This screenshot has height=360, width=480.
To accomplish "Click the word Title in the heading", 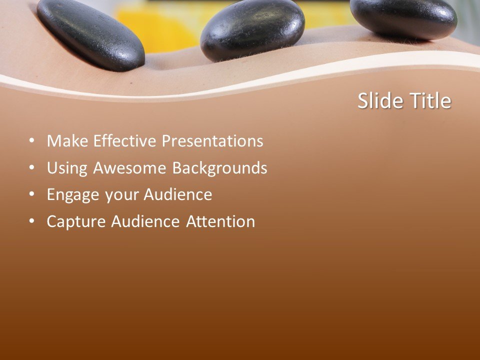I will point(430,101).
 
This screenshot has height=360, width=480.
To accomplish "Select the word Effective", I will point(124,141).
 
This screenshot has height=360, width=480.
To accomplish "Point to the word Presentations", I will point(212,141).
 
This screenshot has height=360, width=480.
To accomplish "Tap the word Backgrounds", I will point(220,168).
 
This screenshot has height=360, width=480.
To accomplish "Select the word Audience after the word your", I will point(178,195).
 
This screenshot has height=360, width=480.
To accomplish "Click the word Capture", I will point(76,222).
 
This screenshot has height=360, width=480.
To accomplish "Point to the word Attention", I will point(220,221).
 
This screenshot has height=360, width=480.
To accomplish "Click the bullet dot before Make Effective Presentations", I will point(32,141).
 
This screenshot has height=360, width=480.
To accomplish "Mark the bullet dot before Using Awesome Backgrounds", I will point(32,168).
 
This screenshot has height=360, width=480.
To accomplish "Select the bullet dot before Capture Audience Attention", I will point(32,221).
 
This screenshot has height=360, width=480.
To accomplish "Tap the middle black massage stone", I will point(252,29).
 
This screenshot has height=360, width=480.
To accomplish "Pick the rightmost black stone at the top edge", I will point(403,17).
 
